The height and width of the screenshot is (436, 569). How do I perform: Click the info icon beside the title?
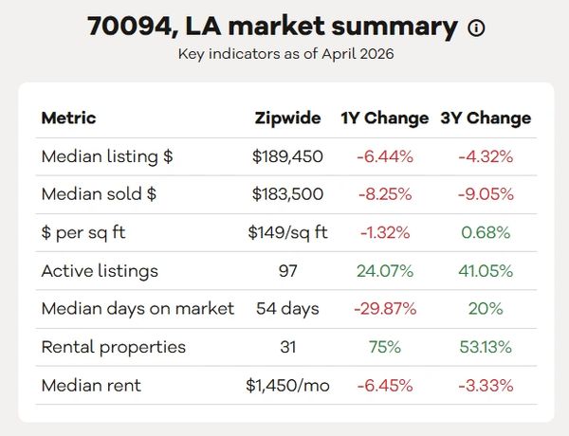click(x=476, y=27)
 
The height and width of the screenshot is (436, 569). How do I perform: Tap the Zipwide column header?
click(x=287, y=118)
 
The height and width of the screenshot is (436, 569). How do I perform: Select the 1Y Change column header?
click(x=385, y=118)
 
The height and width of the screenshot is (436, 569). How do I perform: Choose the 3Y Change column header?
click(x=486, y=118)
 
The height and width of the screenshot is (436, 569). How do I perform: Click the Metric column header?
click(x=68, y=118)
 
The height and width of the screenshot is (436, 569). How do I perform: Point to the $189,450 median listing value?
click(x=287, y=156)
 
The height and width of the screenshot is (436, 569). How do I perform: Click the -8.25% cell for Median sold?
click(x=385, y=194)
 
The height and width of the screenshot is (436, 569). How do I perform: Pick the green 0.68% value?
click(x=486, y=232)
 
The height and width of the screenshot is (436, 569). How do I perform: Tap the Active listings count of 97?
click(x=287, y=271)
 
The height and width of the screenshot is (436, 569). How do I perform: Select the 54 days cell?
click(x=287, y=309)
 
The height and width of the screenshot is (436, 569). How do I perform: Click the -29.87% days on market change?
click(x=385, y=309)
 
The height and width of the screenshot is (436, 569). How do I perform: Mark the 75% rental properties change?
click(x=385, y=347)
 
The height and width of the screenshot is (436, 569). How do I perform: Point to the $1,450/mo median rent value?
click(x=287, y=385)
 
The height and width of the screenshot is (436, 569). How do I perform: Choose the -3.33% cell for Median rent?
click(x=486, y=385)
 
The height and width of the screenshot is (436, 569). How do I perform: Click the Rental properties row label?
click(x=114, y=348)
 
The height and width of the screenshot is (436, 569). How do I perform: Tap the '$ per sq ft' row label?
click(x=83, y=233)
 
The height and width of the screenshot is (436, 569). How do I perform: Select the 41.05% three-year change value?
click(x=486, y=271)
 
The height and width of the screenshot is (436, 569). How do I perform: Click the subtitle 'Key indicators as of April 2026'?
click(x=286, y=54)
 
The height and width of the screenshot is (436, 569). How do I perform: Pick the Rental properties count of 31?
click(x=287, y=347)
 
